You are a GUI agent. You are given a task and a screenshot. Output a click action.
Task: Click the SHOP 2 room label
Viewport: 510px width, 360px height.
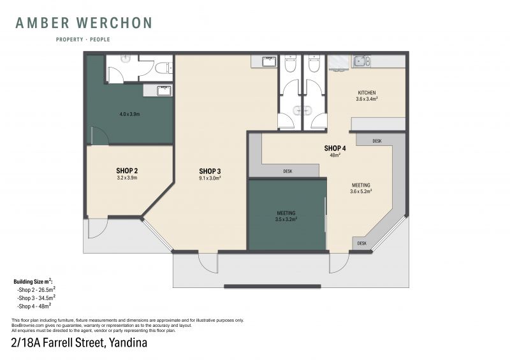pyautogui.click(x=127, y=170)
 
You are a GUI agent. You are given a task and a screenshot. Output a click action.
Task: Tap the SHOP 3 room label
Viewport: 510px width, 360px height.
pyautogui.click(x=210, y=171)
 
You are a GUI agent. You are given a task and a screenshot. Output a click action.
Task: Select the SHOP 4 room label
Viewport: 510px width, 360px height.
pyautogui.click(x=335, y=148)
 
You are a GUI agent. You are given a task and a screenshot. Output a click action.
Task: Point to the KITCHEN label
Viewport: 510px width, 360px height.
pyautogui.click(x=367, y=92)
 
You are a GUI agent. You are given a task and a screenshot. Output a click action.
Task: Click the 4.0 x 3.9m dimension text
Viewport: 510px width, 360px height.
pyautogui.click(x=129, y=114)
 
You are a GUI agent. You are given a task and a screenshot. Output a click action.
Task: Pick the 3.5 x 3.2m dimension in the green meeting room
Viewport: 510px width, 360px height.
pyautogui.click(x=286, y=219)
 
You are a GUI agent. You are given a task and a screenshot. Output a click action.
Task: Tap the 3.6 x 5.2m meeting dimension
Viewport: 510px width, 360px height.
pyautogui.click(x=361, y=191)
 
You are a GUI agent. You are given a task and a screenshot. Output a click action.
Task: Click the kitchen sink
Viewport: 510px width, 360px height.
pyautogui.click(x=361, y=61)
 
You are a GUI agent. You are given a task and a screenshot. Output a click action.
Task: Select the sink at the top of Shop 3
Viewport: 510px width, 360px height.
pyautogui.click(x=268, y=61)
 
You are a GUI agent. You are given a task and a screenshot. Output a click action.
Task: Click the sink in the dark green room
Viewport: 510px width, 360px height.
pyautogui.click(x=164, y=90)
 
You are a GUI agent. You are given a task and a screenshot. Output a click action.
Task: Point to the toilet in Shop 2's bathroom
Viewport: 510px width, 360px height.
pyautogui.click(x=164, y=68)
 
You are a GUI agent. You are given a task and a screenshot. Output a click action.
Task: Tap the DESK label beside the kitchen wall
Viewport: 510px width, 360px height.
pyautogui.click(x=377, y=141)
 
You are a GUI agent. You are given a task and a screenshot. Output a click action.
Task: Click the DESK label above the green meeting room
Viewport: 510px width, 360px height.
pyautogui.click(x=288, y=171)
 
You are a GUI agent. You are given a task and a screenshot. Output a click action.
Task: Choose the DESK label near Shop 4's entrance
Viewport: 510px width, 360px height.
pyautogui.click(x=361, y=243)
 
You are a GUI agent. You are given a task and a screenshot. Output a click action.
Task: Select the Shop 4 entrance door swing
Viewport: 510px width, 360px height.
pyautogui.click(x=339, y=263)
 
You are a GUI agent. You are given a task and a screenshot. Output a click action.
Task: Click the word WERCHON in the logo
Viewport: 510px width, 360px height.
pyautogui.click(x=114, y=23)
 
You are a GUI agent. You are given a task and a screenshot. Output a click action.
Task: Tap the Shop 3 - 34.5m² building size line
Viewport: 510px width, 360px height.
pyautogui.click(x=36, y=298)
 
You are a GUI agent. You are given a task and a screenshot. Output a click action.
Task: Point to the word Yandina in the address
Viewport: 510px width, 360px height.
pyautogui.click(x=128, y=343)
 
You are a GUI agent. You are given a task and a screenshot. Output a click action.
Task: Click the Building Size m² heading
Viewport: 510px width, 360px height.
pyautogui.click(x=33, y=281)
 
